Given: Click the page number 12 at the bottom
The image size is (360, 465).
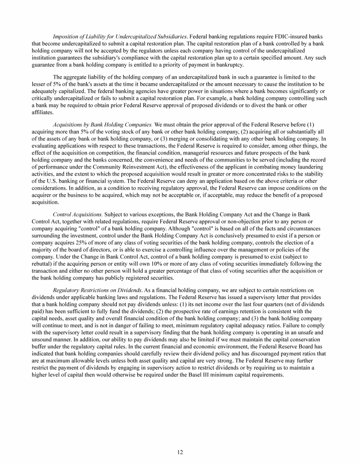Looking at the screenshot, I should pos(180,452).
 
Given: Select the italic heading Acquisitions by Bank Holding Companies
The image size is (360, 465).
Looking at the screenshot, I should pos(103,125).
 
